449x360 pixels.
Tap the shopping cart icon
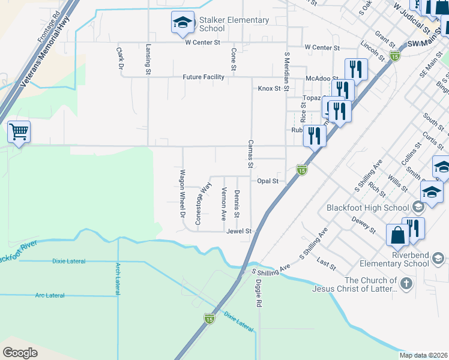(19, 131)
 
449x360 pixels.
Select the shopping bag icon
(397, 235)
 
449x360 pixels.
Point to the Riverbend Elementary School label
(394, 259)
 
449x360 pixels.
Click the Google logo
(20, 352)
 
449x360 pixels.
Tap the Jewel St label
(238, 230)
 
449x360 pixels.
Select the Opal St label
(268, 181)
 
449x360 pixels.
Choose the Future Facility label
(203, 77)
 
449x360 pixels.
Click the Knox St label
(269, 89)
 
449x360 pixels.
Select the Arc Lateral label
(50, 295)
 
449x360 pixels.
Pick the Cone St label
(233, 58)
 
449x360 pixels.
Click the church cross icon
(406, 283)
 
